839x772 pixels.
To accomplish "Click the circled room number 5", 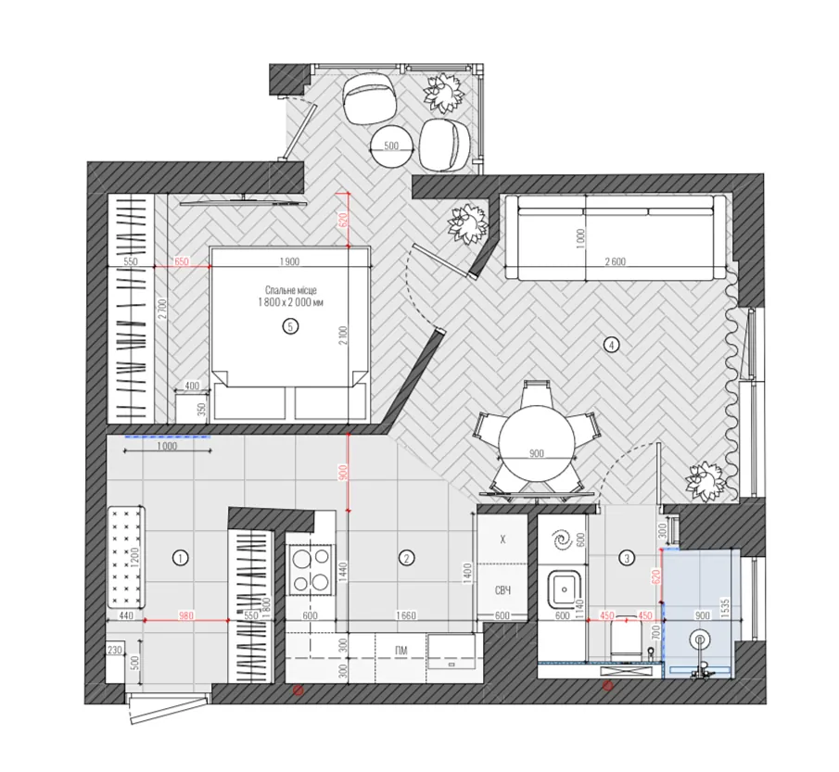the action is coord(290,326).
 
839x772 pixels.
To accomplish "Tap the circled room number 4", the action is coord(611,345).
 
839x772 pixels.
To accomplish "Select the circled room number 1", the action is coord(181,558).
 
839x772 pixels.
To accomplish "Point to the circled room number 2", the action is coord(407,558).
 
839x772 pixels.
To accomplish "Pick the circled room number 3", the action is coord(627,558).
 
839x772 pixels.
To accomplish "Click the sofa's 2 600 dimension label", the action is coord(615,261).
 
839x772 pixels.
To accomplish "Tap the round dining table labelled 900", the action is coord(536,444).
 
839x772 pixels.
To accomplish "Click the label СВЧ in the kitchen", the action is coord(502,590).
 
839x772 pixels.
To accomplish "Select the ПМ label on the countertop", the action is coord(400,651).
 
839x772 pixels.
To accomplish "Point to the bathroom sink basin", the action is coord(564,589).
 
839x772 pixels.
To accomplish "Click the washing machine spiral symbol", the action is coord(563,539).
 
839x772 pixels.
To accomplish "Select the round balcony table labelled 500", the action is coord(391,146).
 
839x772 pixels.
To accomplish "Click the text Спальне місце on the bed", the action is coord(290,290).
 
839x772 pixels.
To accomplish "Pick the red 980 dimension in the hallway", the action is coord(185,615).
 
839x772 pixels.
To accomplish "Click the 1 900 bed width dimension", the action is coord(289,261).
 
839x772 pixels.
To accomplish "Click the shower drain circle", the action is coord(699,639).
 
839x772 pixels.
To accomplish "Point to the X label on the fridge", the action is coord(502,539).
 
